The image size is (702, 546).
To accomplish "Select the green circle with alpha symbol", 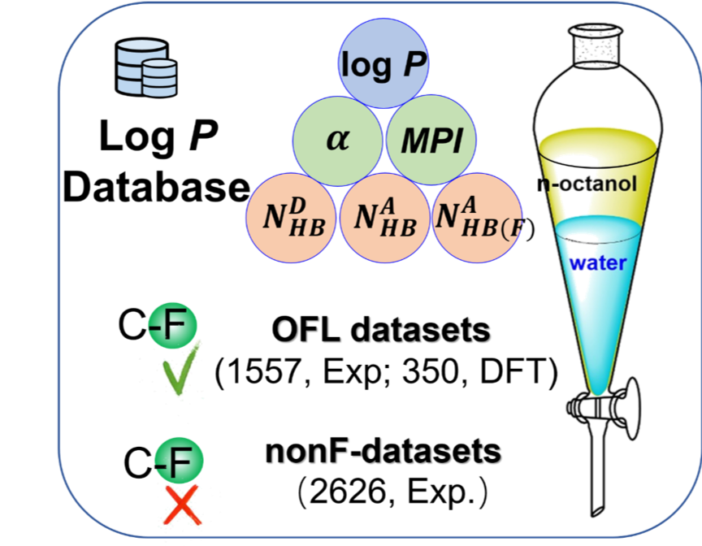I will pos(337,141).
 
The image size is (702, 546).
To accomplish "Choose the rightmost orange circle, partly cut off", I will pos(476,218).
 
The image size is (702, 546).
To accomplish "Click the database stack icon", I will pos(146,69).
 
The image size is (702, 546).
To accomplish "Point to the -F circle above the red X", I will pos(179,460).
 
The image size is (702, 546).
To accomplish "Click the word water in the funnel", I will pos(597,263).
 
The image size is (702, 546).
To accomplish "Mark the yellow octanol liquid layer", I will pos(599,167).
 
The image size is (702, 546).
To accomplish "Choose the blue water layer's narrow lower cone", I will pos(600,341).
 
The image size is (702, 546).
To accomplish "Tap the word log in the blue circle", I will pos(367,65).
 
